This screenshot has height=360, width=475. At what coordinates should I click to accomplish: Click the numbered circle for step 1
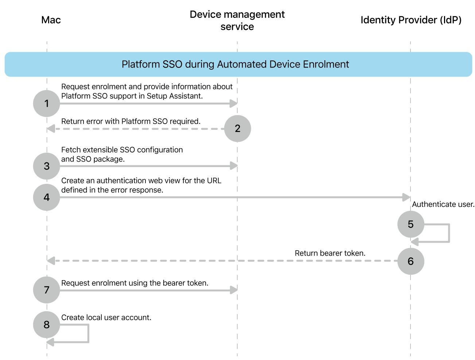tap(46, 104)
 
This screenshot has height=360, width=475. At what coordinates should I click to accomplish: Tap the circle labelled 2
tap(237, 128)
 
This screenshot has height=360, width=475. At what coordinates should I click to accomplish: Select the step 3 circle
tap(46, 166)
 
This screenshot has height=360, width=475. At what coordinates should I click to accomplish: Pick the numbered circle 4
tap(46, 197)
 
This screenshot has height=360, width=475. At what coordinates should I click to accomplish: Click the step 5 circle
tap(410, 224)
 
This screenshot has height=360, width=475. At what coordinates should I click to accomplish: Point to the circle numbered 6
tap(410, 261)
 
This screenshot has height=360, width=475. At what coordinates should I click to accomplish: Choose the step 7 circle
tap(46, 290)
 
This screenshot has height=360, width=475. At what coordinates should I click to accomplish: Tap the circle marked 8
tap(46, 325)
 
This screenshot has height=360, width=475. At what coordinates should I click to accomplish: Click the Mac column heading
tap(51, 20)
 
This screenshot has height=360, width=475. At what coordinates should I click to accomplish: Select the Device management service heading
tap(237, 20)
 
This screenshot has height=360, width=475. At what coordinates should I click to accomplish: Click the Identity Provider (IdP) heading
tap(411, 20)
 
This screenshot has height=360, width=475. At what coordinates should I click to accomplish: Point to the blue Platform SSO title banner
tap(238, 64)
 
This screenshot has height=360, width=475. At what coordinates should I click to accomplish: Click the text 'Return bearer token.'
tap(330, 253)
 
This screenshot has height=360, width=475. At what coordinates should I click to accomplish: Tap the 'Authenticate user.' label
tap(443, 204)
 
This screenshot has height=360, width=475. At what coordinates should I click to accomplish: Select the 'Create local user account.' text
tap(106, 317)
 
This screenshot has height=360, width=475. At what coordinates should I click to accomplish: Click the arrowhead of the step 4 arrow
tap(406, 197)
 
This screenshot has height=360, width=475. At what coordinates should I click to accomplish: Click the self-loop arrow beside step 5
tap(449, 233)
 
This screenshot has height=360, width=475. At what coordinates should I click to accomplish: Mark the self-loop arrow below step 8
tap(88, 334)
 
